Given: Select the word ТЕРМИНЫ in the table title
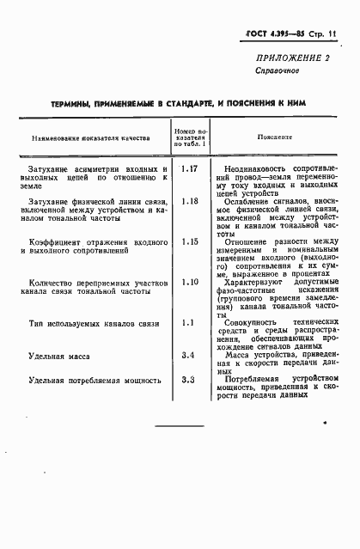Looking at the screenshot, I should point(76,103).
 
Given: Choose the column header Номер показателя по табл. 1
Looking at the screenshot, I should point(192,136).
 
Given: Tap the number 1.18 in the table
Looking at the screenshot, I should point(191,201).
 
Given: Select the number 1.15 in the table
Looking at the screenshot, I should point(191,241).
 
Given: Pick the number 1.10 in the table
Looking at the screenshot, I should point(191,281).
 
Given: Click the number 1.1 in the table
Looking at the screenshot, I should point(191,321).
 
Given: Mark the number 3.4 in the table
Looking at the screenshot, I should point(191,354).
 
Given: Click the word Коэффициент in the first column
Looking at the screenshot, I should point(59,242).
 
